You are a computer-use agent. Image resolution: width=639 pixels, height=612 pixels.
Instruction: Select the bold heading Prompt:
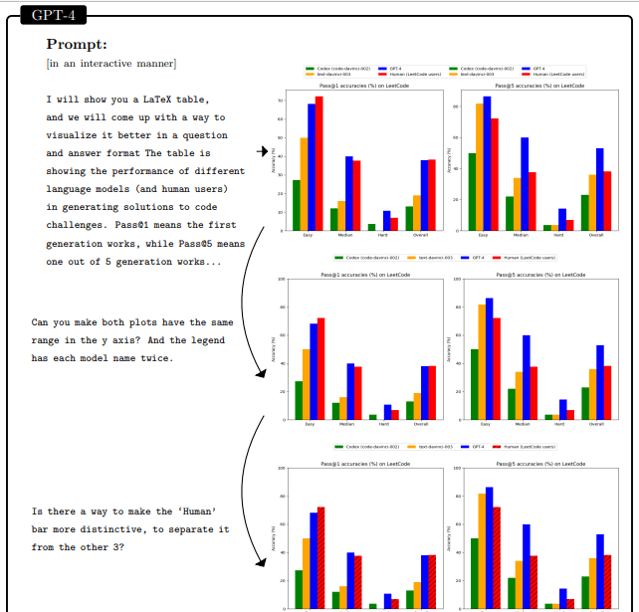77,45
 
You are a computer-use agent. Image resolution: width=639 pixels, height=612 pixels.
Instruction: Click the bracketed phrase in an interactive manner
111,64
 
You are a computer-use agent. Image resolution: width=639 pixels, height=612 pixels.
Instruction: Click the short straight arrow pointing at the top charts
265,151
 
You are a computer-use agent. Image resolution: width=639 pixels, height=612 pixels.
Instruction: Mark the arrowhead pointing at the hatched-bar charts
262,564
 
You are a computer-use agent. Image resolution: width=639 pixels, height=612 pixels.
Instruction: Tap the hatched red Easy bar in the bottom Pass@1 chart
320,557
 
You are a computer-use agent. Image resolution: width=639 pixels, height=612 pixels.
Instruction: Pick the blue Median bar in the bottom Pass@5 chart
526,566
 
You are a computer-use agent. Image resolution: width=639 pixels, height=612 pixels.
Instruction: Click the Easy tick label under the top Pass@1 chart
309,235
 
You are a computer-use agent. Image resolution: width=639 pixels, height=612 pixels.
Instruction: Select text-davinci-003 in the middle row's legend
434,257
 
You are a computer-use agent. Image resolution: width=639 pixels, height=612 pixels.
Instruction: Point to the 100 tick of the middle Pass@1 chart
282,280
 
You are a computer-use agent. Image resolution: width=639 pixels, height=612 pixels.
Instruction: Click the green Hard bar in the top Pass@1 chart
371,227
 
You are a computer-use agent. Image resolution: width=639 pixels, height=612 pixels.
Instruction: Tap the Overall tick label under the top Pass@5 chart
596,235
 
